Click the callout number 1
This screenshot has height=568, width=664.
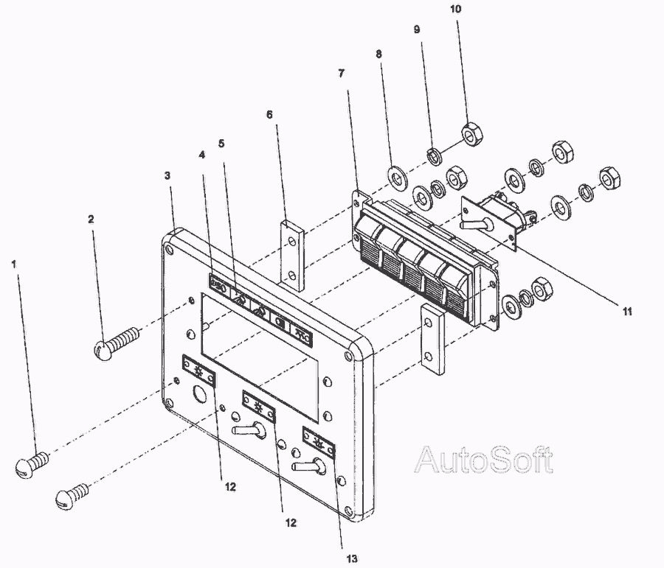tap(13, 264)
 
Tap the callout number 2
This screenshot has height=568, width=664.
tap(91, 219)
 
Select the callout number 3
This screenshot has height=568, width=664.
tap(167, 175)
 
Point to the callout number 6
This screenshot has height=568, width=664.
tap(270, 115)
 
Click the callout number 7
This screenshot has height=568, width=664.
tap(342, 74)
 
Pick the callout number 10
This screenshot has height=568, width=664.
tap(456, 9)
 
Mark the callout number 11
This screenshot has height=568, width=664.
tap(626, 312)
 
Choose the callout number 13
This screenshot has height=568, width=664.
tap(353, 558)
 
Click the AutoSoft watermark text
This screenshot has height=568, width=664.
tap(483, 460)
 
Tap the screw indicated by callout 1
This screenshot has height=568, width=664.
tap(32, 464)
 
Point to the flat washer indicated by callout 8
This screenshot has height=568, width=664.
tap(398, 176)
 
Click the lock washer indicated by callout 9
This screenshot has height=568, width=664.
tap(434, 156)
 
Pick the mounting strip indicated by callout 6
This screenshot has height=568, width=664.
tap(291, 255)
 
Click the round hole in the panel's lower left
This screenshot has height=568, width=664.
tap(198, 393)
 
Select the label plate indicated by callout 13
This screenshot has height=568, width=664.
tap(319, 443)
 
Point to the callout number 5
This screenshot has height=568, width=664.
tap(221, 144)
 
